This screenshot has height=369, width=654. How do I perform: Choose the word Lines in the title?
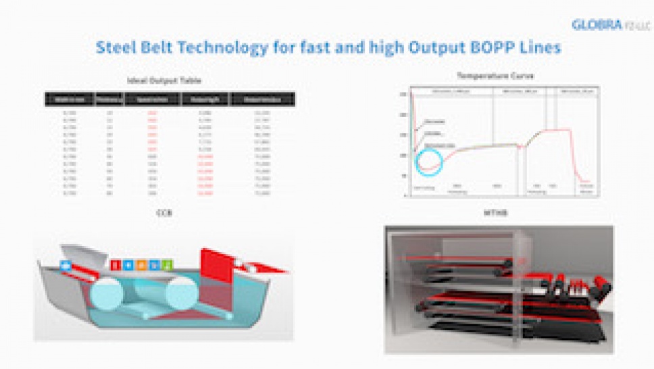(542, 49)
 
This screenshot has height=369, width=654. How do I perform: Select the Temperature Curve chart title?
(495, 76)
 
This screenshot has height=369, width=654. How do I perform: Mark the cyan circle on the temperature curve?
(428, 162)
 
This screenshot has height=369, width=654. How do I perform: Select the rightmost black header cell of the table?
(262, 99)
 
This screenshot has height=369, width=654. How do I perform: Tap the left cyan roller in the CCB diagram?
(111, 295)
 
